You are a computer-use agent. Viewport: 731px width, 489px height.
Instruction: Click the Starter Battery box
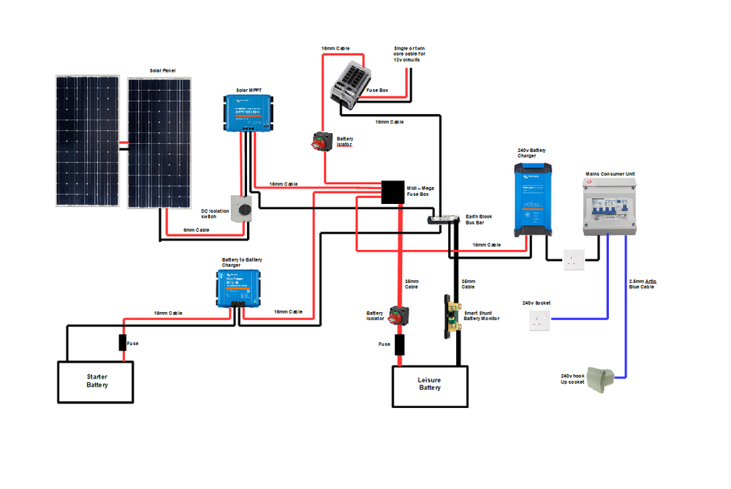pos(96,381)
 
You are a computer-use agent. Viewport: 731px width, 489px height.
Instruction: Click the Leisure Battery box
pos(430,384)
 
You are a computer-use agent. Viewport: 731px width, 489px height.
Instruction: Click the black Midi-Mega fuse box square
pos(393,192)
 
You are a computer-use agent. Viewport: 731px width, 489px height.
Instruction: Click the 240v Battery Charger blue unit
pos(534,199)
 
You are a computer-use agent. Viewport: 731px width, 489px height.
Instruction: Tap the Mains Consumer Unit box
pos(610,206)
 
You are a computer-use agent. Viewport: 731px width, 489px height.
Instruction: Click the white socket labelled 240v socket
pos(539,319)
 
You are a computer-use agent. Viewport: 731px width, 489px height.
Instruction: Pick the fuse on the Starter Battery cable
pos(124,343)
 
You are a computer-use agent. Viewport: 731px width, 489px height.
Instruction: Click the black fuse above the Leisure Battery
pos(399,345)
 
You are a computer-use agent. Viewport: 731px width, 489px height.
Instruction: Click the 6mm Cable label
pos(196,230)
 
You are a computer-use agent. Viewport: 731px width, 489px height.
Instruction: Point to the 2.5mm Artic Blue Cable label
pos(642,283)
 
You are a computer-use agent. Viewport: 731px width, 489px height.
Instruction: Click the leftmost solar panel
pos(87,141)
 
